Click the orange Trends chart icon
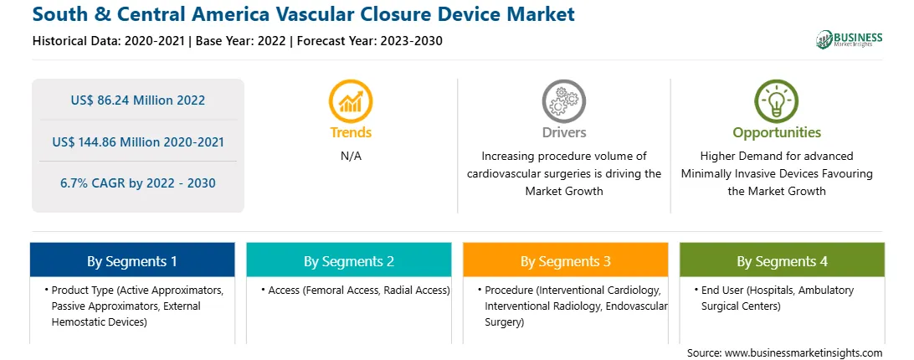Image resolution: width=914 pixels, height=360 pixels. [351, 101]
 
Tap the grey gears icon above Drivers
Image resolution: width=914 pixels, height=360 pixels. [563, 101]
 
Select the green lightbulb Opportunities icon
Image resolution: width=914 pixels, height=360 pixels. [777, 101]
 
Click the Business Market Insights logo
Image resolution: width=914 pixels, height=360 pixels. [850, 39]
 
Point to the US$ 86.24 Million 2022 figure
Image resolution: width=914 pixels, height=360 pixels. [137, 100]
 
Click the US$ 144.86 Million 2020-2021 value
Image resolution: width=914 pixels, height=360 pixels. [137, 141]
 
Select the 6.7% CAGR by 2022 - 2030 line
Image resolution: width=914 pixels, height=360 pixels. [137, 183]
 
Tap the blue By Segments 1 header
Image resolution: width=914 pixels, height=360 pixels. [132, 260]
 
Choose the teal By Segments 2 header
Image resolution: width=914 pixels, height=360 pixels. [348, 260]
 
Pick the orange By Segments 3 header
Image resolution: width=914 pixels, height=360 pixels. [566, 260]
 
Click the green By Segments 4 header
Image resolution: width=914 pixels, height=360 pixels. [783, 260]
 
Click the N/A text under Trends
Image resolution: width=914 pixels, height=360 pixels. [351, 156]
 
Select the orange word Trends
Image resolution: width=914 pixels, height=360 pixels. [351, 132]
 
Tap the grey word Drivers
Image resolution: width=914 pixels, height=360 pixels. [564, 132]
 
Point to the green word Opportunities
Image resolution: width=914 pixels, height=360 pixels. [777, 132]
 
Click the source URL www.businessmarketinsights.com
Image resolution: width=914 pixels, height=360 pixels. [804, 352]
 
